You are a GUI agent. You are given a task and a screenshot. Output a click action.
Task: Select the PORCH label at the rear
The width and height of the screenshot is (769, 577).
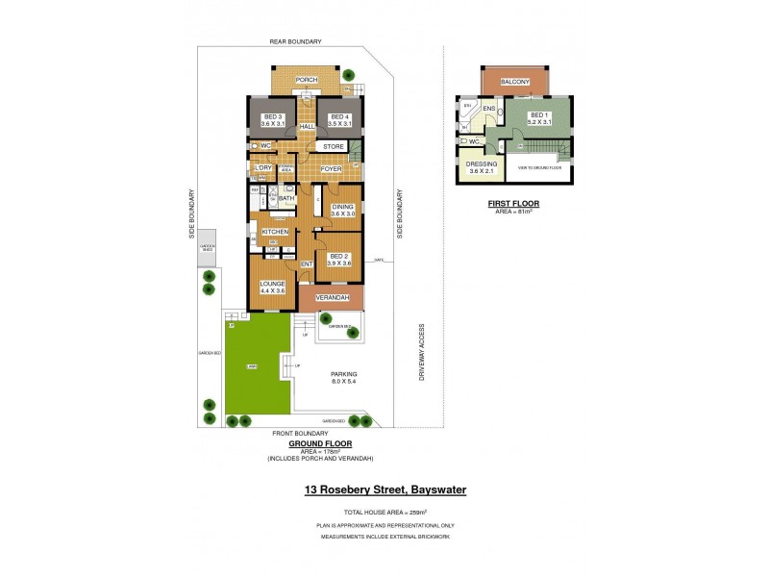tap(307, 80)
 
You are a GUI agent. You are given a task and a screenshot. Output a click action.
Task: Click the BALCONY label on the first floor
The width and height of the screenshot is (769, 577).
tap(515, 83)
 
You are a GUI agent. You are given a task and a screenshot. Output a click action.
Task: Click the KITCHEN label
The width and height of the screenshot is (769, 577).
tap(275, 232)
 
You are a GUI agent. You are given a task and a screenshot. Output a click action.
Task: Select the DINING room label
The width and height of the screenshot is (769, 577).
tap(343, 208)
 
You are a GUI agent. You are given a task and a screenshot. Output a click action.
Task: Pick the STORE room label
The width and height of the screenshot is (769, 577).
tap(334, 146)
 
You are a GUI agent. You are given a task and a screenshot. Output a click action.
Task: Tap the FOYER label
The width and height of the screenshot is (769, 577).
tap(332, 168)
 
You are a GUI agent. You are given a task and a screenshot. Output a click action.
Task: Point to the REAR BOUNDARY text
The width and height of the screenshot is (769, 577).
tap(295, 41)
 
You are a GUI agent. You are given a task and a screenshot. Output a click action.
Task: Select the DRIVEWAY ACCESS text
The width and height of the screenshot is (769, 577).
tap(421, 352)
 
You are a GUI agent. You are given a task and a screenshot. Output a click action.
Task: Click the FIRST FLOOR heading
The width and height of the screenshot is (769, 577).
tap(513, 204)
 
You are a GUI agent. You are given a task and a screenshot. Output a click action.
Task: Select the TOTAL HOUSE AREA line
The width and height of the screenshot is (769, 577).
tap(384, 512)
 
